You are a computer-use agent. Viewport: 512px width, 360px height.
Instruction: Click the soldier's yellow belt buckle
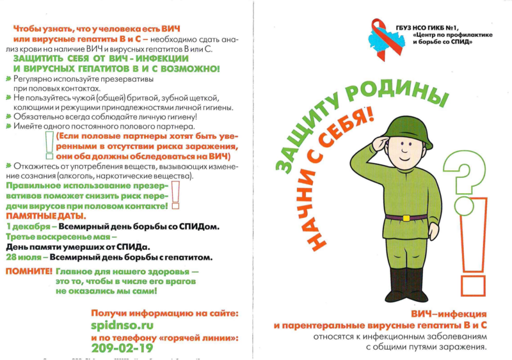point(406,217)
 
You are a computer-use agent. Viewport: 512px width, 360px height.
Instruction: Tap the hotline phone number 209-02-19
point(122,348)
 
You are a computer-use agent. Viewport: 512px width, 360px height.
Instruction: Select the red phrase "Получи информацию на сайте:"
point(164,313)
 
